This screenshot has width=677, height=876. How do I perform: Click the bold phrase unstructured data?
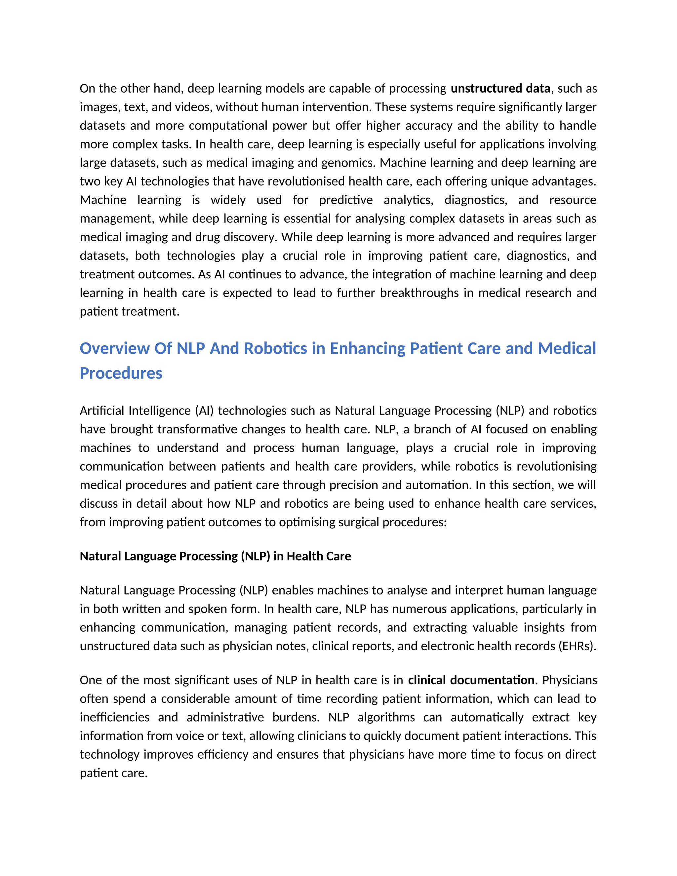point(500,89)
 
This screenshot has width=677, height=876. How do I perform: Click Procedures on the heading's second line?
point(121,374)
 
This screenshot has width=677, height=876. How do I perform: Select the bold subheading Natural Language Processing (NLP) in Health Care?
point(216,556)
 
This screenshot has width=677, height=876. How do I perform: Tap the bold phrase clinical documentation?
point(471,680)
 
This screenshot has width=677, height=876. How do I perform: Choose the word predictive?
point(346,200)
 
